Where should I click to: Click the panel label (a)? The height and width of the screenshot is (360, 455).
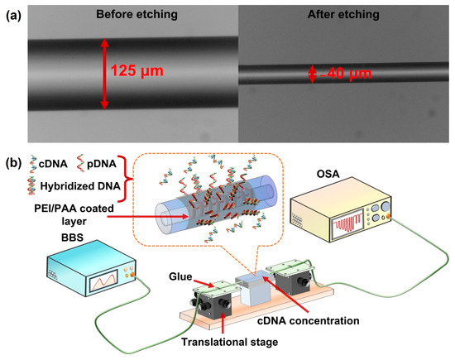13,14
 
